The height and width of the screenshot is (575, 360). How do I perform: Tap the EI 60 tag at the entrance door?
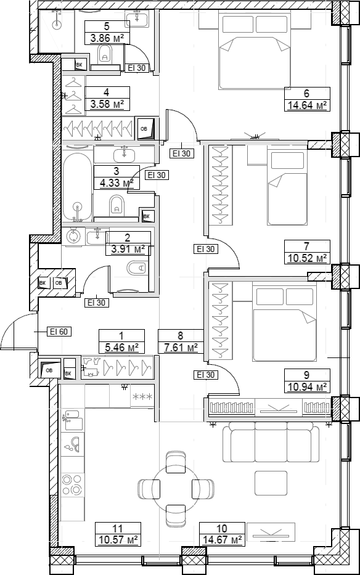[x=59, y=332]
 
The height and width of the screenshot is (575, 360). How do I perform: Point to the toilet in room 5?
[x=105, y=54]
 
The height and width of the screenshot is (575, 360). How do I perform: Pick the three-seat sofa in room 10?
[x=271, y=441]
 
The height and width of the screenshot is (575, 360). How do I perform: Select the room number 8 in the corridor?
[x=180, y=335]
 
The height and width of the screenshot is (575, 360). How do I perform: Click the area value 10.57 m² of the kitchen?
[x=118, y=540]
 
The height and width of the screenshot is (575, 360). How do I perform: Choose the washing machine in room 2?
[x=74, y=236]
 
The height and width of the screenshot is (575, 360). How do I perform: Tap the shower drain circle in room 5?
[x=57, y=25]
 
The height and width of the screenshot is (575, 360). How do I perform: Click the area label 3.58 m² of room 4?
[x=107, y=104]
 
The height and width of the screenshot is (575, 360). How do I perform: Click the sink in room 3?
[x=125, y=155]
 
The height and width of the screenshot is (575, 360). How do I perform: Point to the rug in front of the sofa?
[x=271, y=483]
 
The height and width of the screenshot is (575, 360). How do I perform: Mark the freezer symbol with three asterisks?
[x=142, y=396]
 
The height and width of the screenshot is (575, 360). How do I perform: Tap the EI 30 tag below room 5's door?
[x=137, y=68]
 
